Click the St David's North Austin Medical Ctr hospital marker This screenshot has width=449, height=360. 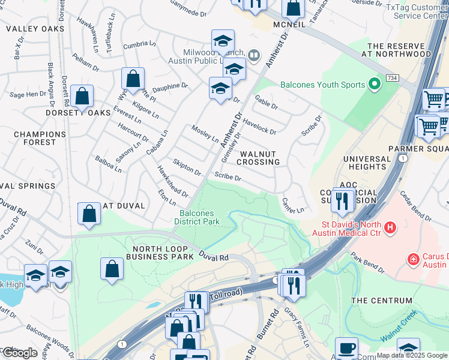tap(390, 227)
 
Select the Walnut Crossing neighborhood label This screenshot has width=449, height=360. tap(258, 158)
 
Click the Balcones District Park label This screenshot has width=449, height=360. tap(197, 217)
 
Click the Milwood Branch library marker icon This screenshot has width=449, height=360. tap(254, 56)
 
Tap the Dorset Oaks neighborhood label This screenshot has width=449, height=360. tap(78, 113)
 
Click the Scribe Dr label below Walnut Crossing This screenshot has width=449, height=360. tap(228, 178)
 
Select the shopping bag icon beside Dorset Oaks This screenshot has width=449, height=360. tap(82, 96)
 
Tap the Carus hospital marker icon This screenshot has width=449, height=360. tap(413, 260)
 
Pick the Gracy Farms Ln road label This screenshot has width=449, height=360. tap(297, 322)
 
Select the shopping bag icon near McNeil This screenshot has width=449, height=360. tap(294, 8)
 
